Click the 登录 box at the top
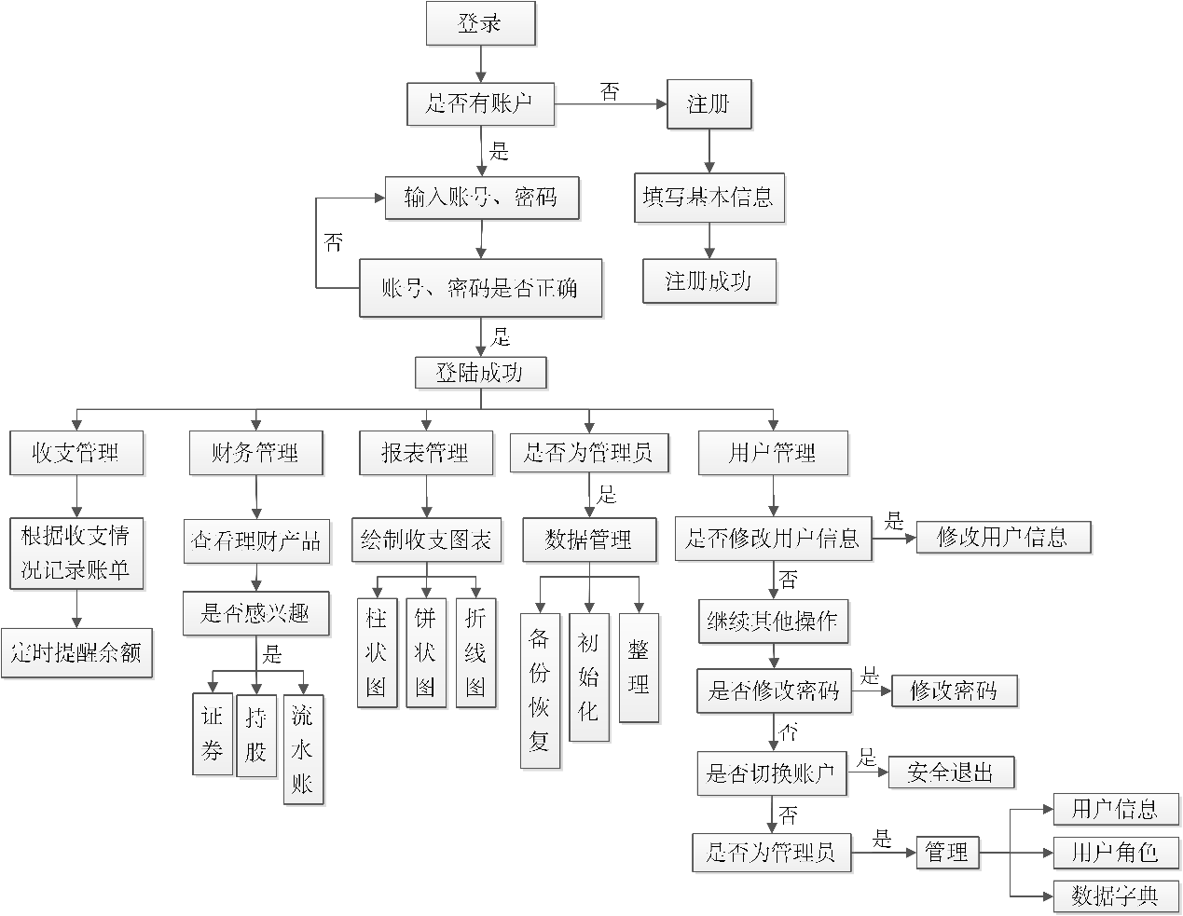[x=481, y=24]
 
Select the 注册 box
[x=709, y=104]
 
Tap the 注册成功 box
[x=708, y=281]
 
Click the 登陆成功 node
[x=480, y=374]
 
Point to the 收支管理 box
[x=76, y=454]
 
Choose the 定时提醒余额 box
[x=76, y=653]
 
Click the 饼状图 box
[x=425, y=652]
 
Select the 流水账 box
[x=303, y=749]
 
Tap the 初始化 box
[x=588, y=677]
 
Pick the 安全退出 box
[x=950, y=772]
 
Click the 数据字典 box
[x=1115, y=896]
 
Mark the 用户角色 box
[x=1115, y=852]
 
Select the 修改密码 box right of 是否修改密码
[x=954, y=690]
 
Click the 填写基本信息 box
[x=708, y=198]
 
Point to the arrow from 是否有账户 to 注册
[x=612, y=104]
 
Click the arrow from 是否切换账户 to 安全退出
[x=867, y=772]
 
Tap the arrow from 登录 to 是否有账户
[x=481, y=63]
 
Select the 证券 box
[x=213, y=733]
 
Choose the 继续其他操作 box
[x=773, y=621]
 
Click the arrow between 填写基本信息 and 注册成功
[x=709, y=240]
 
